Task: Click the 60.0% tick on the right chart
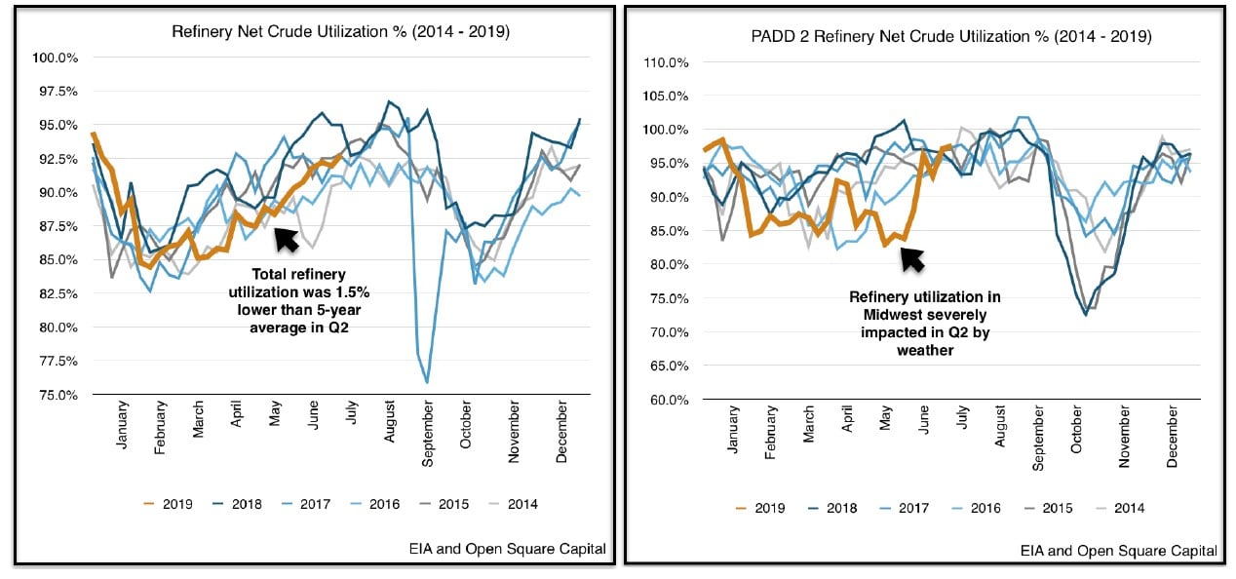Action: coord(670,400)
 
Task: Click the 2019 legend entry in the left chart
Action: coord(168,504)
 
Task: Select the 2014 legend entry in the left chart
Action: coord(513,504)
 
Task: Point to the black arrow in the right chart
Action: coord(911,257)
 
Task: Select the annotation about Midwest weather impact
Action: coord(920,323)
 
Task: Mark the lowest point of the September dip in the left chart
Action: coord(427,382)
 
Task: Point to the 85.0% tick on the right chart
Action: coord(670,231)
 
